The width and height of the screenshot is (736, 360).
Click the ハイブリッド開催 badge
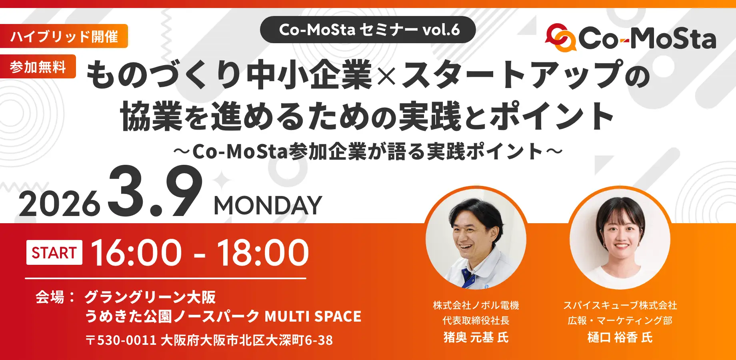tap(64, 36)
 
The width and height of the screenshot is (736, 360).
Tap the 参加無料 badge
tap(38, 66)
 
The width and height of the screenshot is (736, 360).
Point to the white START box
tap(54, 252)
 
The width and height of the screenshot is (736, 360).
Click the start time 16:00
tap(136, 252)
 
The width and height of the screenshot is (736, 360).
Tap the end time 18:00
tap(263, 252)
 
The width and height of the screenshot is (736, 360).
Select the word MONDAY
tap(268, 206)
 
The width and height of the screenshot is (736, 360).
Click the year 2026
tap(59, 204)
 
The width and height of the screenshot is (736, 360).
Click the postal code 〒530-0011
tap(121, 340)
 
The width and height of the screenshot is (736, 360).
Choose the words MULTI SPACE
tap(313, 316)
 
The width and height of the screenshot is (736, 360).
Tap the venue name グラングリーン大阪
tap(150, 297)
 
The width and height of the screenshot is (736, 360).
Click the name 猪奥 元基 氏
tap(476, 338)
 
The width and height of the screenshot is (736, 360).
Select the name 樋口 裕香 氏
tap(620, 338)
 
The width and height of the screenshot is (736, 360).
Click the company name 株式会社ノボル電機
tap(476, 306)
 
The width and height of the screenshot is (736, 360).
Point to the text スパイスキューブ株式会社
tap(620, 306)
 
